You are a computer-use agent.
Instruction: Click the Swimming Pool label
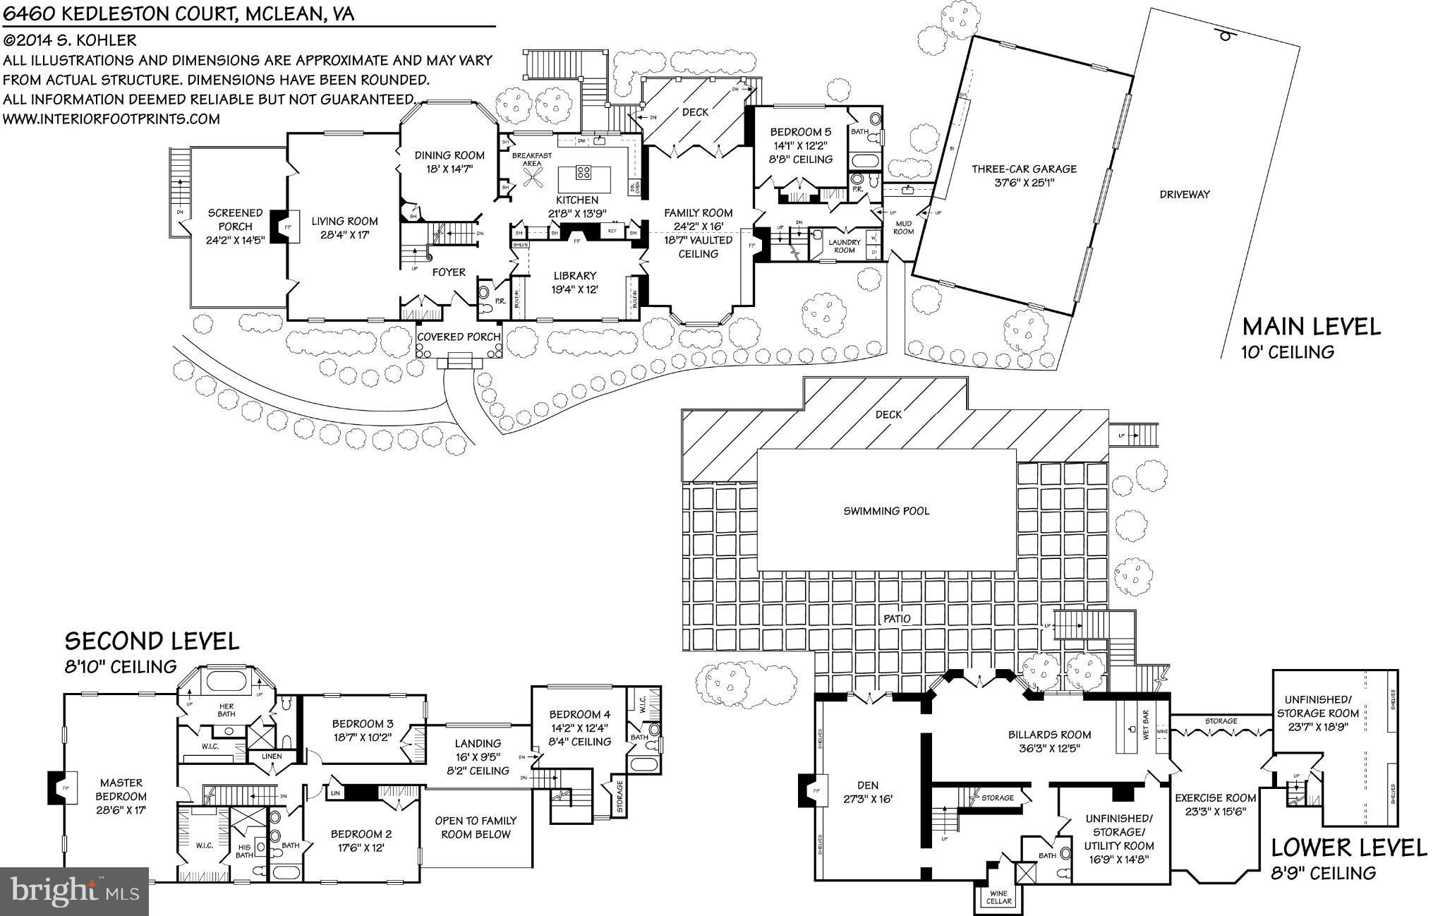tap(886, 511)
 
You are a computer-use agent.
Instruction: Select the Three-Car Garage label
tap(1024, 169)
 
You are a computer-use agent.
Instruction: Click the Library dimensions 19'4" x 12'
tap(575, 289)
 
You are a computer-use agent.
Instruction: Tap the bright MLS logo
tap(74, 891)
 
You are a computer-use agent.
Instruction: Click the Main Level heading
tap(1311, 326)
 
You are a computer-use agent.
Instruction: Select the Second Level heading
tap(152, 641)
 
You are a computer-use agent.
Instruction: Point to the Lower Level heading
tap(1348, 847)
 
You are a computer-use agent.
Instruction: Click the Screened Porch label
tap(235, 219)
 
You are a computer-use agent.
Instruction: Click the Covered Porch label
tap(459, 337)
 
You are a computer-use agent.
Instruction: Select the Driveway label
tap(1184, 194)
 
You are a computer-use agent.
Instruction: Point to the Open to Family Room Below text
tap(476, 827)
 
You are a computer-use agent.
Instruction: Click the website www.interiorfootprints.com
tap(111, 119)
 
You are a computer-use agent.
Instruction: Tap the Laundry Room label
tap(845, 246)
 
